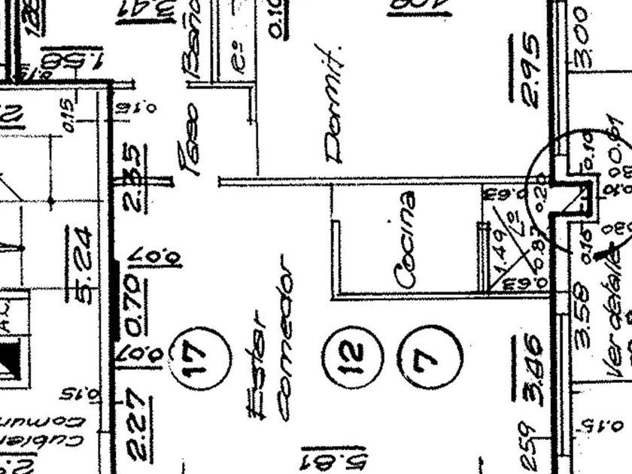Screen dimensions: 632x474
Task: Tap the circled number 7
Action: coord(430,357)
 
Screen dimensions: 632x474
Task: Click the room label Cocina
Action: coord(406,240)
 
